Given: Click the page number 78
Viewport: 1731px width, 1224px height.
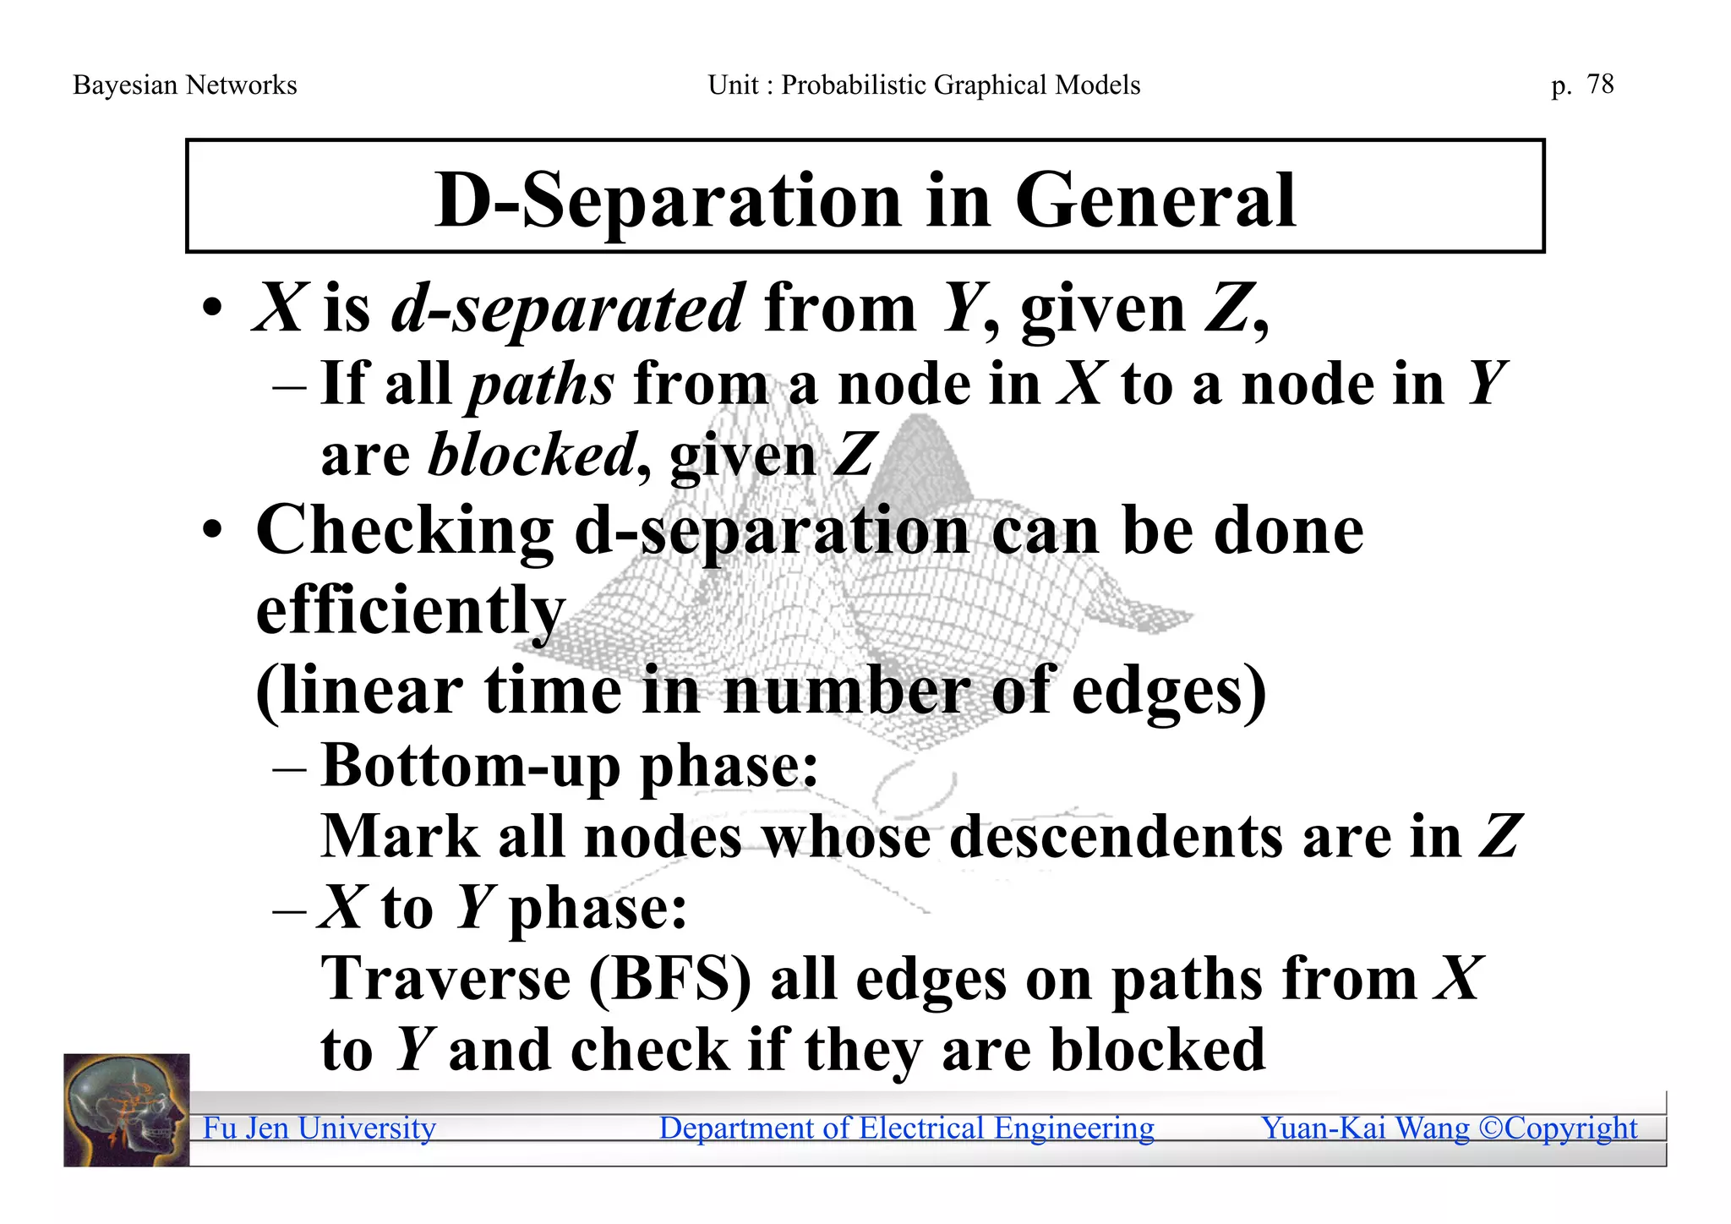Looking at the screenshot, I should pos(1600,84).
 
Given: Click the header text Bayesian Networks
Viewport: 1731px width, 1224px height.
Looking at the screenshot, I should pos(185,85).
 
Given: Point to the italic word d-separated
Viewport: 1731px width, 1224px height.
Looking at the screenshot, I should pos(568,309).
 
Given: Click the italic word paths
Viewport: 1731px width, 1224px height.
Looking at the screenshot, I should pos(541,385).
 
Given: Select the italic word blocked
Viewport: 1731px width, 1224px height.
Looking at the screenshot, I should pos(532,455).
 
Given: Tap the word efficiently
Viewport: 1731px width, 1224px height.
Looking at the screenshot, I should pos(410,610).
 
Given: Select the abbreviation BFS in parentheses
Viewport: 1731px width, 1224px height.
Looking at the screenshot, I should pos(669,979).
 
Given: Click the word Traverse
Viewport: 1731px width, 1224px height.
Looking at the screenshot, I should pos(446,979).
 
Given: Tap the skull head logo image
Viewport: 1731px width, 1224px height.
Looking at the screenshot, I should pos(127,1110).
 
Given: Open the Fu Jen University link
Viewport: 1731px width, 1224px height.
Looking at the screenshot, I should pos(319,1128).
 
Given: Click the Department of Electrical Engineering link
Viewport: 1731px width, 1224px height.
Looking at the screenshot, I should pos(906,1128).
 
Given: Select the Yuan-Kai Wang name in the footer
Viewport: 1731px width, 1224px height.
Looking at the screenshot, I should pos(1365,1128).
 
